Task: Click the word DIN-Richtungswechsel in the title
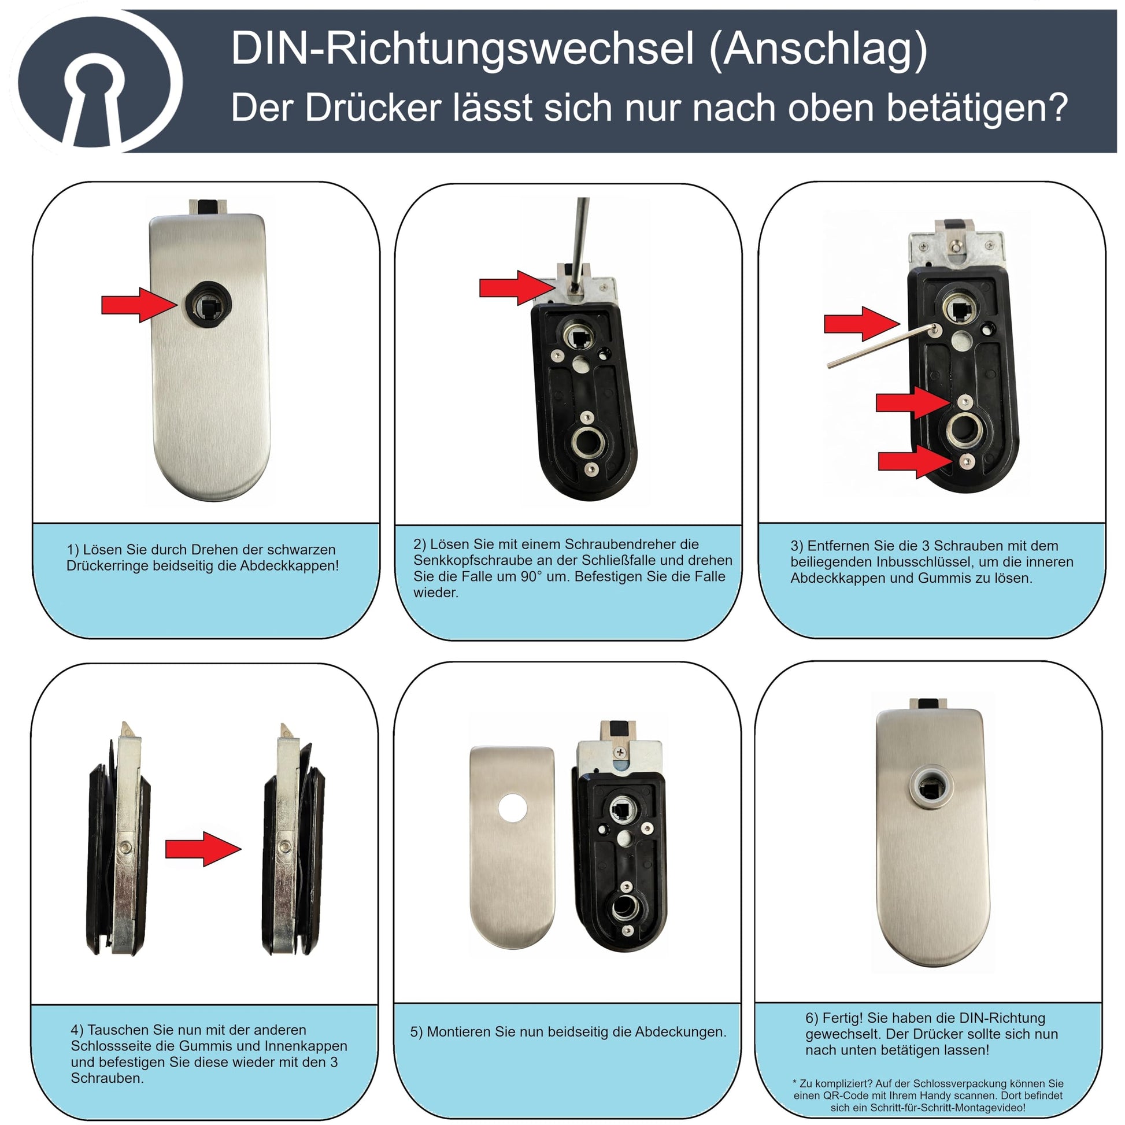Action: point(462,49)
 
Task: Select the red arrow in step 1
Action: point(139,305)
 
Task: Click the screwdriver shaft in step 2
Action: point(579,244)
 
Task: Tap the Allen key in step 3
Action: point(881,346)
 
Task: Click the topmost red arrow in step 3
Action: point(862,324)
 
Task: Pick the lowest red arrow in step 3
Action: point(916,461)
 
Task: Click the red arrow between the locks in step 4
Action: point(203,849)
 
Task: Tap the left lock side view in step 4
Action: point(119,838)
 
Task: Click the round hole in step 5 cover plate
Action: point(513,808)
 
